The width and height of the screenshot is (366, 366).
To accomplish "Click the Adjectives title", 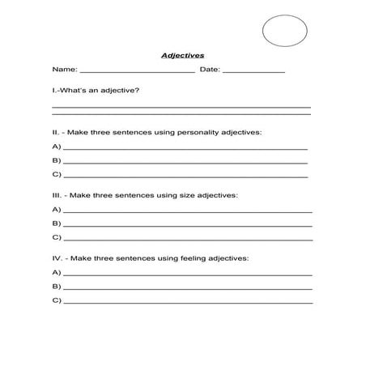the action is [x=182, y=56].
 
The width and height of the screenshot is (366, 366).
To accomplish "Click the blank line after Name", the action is [x=137, y=72].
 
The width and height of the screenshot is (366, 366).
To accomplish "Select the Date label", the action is [x=209, y=70].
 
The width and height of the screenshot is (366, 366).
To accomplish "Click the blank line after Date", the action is [x=253, y=72].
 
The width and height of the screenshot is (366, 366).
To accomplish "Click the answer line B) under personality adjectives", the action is [x=185, y=162].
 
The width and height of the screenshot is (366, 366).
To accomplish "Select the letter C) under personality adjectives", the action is [x=56, y=174].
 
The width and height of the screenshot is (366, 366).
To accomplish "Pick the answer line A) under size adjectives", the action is [x=187, y=211].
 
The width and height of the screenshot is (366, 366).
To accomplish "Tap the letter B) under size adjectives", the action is [x=56, y=223].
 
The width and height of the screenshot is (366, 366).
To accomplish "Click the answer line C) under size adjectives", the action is [x=187, y=239].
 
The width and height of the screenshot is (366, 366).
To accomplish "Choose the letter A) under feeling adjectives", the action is [x=56, y=273].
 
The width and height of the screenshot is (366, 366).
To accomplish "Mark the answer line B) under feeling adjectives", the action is [x=187, y=288].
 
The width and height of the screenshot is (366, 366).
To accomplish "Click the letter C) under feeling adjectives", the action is [x=56, y=300].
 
